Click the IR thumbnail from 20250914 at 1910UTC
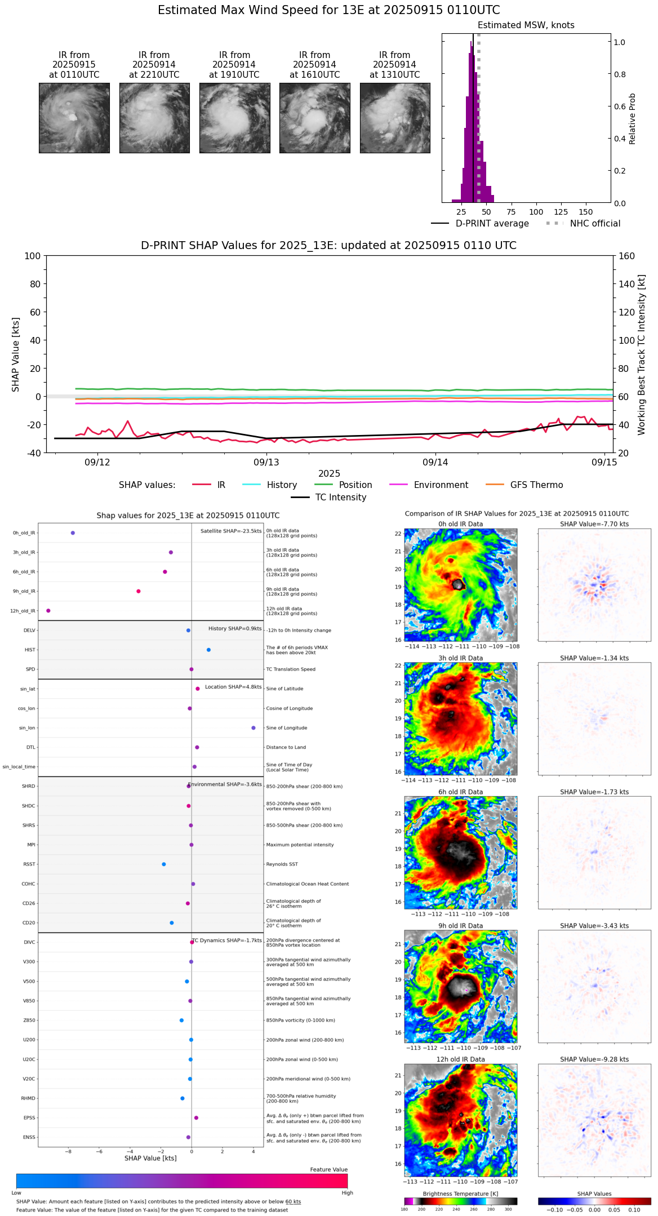(x=234, y=118)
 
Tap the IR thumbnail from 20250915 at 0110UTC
(x=74, y=118)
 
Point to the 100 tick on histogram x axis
(x=536, y=212)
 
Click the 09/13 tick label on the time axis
(x=266, y=463)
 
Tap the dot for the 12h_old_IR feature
(x=48, y=611)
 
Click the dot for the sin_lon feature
(x=254, y=728)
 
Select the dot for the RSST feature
(x=164, y=864)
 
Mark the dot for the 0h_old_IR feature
(x=73, y=533)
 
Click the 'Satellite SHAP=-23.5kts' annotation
(x=231, y=531)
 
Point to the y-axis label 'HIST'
(x=30, y=650)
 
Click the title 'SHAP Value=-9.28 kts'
(x=594, y=1059)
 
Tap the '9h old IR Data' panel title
(x=460, y=926)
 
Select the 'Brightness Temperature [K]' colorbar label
(x=460, y=1194)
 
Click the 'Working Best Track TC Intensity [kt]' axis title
(x=642, y=355)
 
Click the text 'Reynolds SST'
(x=282, y=864)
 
